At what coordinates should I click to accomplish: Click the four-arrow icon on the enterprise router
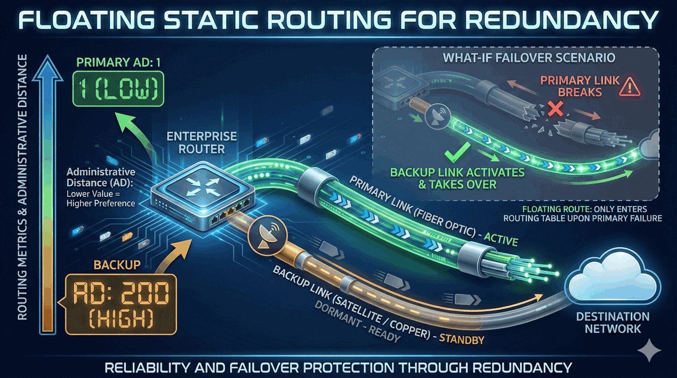point(200,187)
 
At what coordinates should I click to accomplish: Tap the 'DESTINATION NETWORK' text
point(613,322)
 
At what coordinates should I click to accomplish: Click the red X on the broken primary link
point(556,108)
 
